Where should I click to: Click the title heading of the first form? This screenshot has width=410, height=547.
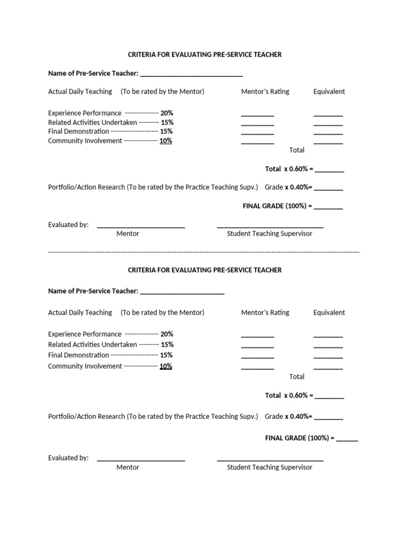(x=204, y=54)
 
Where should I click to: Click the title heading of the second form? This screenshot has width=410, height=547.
(x=204, y=270)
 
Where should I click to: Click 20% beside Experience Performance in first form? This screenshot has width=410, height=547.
(x=167, y=113)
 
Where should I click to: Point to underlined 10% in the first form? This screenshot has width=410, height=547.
(x=165, y=141)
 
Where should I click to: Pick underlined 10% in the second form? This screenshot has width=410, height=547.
(x=165, y=366)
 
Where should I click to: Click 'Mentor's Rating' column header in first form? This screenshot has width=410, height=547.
(x=265, y=91)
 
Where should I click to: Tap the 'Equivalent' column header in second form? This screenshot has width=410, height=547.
(x=329, y=312)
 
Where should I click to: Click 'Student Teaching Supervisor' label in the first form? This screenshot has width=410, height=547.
(x=270, y=234)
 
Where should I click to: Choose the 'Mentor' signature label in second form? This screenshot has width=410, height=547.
(x=128, y=467)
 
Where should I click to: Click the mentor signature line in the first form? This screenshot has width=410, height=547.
(x=141, y=227)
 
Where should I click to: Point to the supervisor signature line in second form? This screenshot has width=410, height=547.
(x=270, y=460)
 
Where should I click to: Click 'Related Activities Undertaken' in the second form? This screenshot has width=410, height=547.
(x=92, y=345)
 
